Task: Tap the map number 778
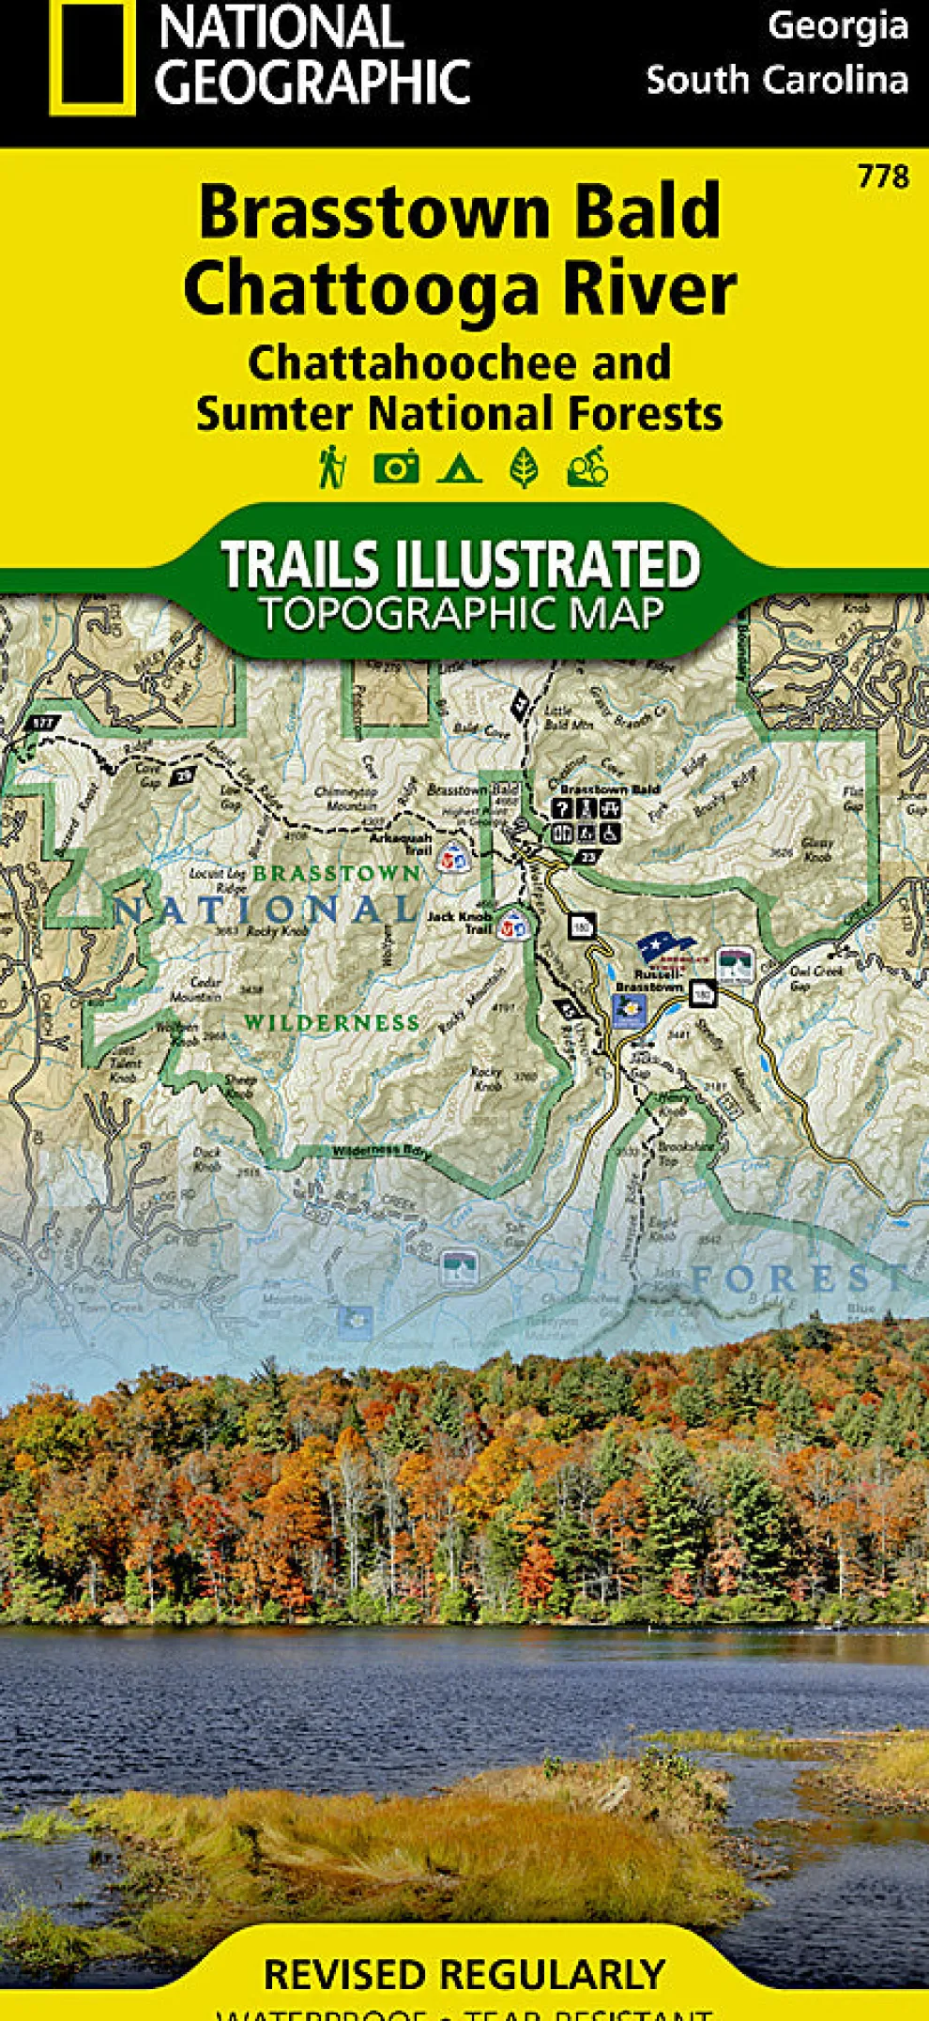click(882, 176)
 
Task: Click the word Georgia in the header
click(837, 25)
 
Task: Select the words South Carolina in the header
click(777, 80)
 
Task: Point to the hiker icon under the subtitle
click(331, 467)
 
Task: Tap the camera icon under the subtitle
click(396, 467)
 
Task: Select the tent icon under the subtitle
click(460, 467)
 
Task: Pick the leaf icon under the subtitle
click(524, 467)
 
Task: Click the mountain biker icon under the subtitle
click(588, 467)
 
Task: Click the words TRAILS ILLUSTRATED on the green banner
click(460, 564)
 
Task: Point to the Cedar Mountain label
click(206, 988)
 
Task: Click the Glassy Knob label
click(816, 850)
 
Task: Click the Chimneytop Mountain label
click(345, 799)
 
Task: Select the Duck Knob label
click(206, 1158)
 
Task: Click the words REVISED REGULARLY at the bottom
click(464, 1975)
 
